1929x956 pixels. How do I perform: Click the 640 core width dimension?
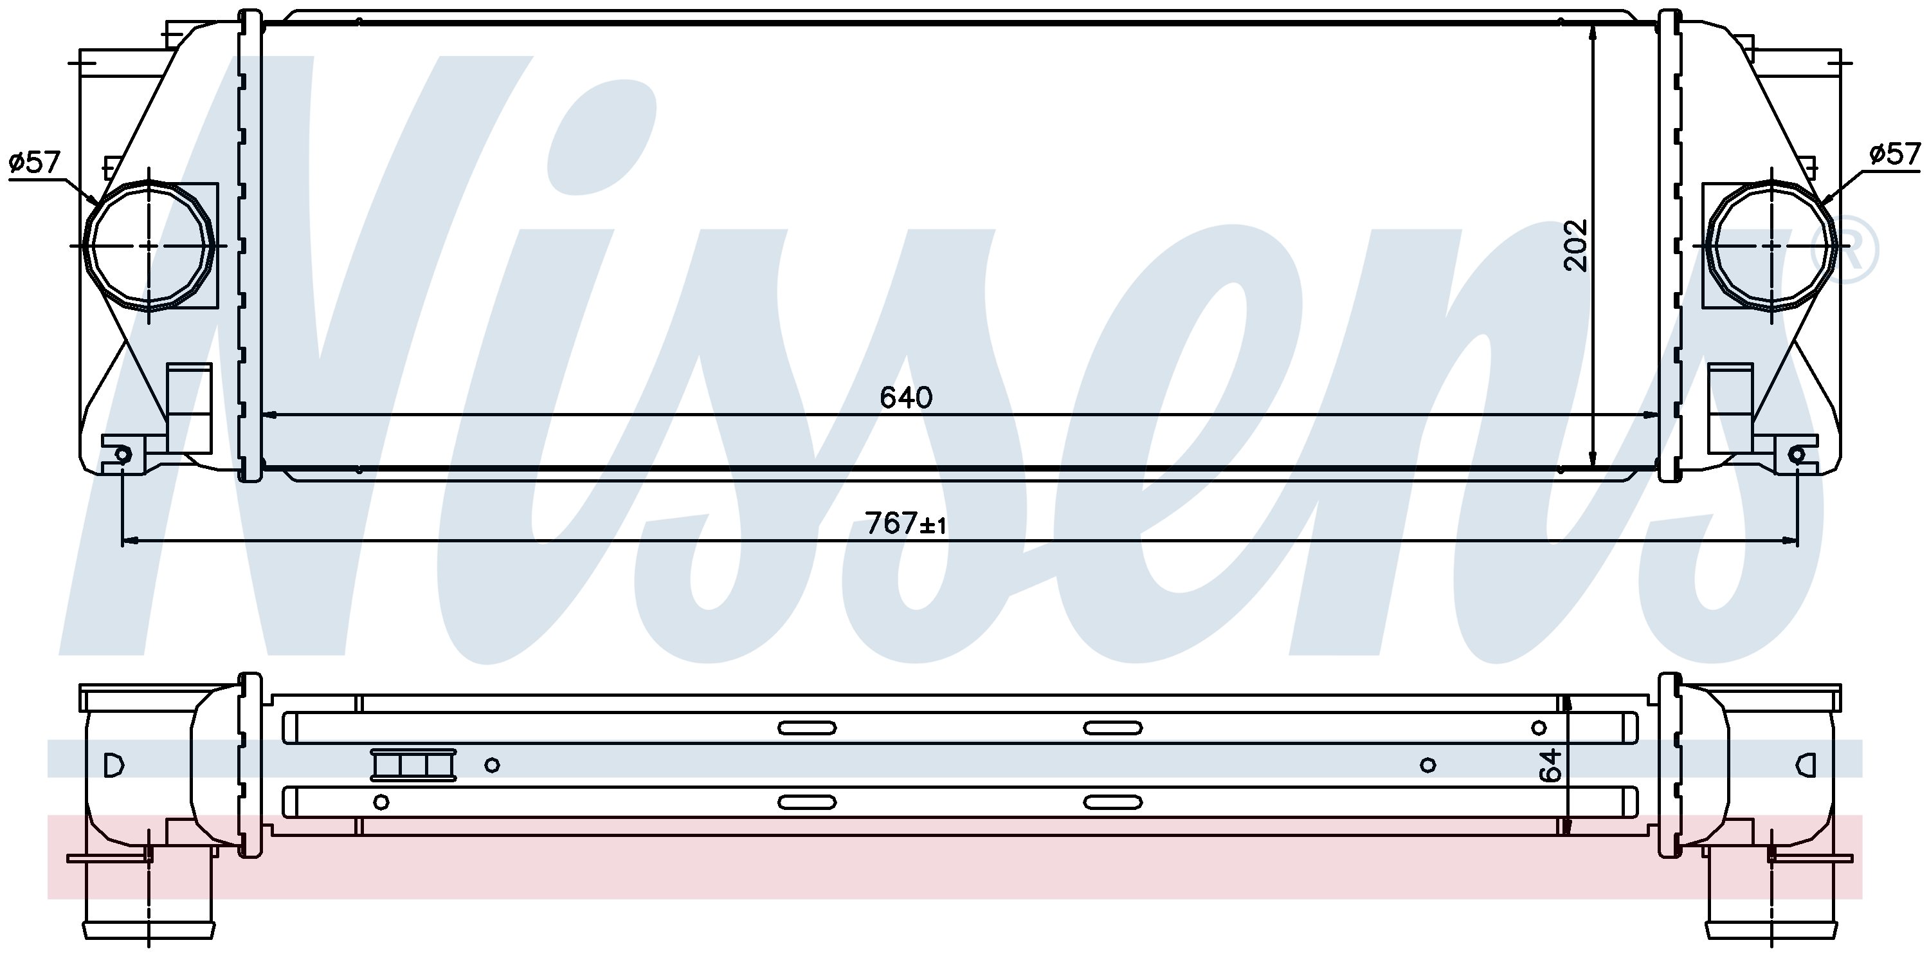point(906,398)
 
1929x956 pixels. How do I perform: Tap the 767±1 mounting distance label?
point(905,524)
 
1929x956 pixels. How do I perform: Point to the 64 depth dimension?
point(1551,765)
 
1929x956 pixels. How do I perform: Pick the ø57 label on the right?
point(1894,154)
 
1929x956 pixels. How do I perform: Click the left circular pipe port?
point(150,245)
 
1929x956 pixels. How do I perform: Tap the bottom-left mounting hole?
point(122,454)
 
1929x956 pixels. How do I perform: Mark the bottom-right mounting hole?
point(1797,454)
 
